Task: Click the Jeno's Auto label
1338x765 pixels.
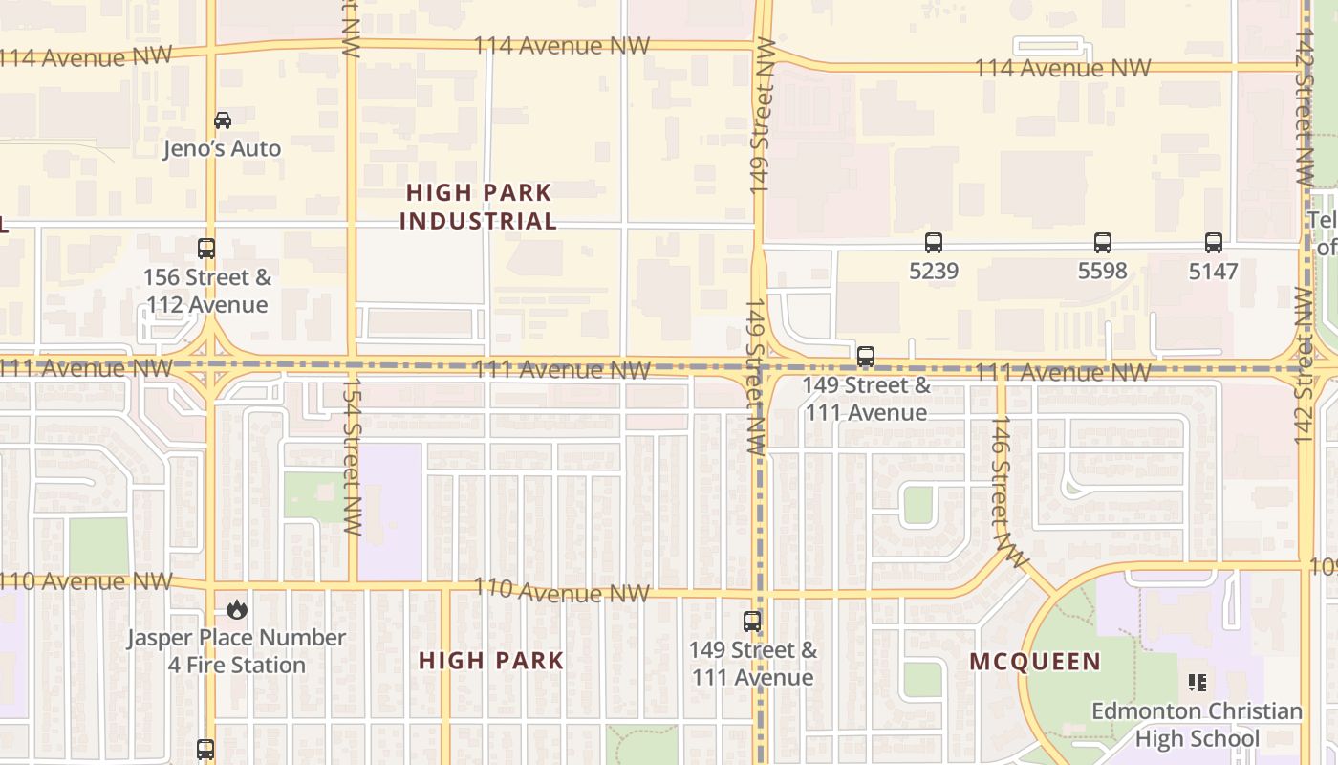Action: (222, 148)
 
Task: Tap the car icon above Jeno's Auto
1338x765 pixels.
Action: (223, 120)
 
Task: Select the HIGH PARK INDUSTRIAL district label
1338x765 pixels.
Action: (478, 207)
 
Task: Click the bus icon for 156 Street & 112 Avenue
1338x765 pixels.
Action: (206, 249)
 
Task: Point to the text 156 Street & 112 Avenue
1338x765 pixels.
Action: (206, 292)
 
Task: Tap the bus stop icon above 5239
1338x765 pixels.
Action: (934, 243)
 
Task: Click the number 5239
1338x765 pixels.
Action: (934, 272)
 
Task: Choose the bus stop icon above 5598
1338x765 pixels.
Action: (1103, 243)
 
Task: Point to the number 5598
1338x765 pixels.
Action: (1103, 272)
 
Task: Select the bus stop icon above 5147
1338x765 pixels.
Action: (1214, 243)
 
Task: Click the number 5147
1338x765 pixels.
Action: (1214, 272)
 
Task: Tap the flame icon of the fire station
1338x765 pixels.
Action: (236, 609)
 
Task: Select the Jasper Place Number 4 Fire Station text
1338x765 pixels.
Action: (237, 651)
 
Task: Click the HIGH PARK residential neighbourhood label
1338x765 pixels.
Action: (491, 661)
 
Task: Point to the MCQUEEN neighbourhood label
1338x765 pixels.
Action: (1035, 662)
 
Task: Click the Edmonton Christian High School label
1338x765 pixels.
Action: (1197, 725)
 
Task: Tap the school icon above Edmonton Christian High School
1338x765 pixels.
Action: (1197, 683)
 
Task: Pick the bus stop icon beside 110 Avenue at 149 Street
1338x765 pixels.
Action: (752, 622)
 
